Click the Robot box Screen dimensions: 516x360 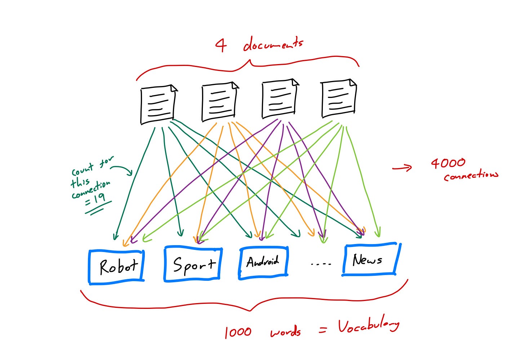click(116, 267)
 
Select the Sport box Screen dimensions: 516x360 click(193, 264)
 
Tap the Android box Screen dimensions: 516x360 click(263, 263)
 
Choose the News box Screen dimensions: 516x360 click(372, 259)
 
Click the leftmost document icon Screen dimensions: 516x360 click(159, 104)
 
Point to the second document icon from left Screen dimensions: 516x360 click(220, 101)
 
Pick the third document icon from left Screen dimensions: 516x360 click(280, 99)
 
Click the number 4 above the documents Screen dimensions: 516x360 click(221, 45)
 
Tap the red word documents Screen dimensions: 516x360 click(273, 44)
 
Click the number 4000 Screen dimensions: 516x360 click(448, 163)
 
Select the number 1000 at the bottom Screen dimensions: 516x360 click(238, 332)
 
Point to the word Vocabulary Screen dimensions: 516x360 click(369, 326)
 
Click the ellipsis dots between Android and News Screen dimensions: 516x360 click(321, 264)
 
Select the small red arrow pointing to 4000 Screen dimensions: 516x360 click(402, 168)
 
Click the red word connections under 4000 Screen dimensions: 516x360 click(471, 176)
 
